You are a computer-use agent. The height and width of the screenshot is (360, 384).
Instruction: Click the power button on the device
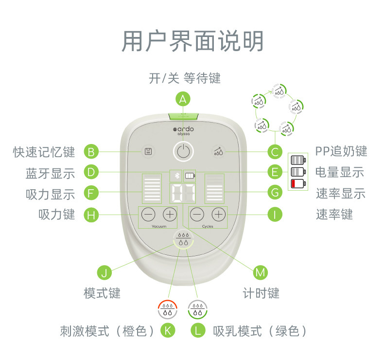click(x=183, y=151)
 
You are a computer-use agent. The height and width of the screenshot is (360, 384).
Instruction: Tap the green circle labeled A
click(x=183, y=99)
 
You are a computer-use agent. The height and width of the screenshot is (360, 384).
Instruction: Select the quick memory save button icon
click(x=148, y=152)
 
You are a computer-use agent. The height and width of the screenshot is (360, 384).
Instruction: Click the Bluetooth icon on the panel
click(x=177, y=176)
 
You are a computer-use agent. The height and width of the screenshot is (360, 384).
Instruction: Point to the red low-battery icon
click(x=298, y=183)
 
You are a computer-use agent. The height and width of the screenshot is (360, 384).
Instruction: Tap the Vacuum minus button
click(x=148, y=215)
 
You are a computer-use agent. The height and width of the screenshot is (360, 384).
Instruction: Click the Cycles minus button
click(x=197, y=215)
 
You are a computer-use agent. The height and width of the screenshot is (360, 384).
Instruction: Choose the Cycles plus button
click(x=218, y=215)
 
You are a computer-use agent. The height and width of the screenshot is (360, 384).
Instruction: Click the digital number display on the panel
click(x=183, y=193)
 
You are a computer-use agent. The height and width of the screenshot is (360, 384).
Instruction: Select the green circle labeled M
click(x=260, y=272)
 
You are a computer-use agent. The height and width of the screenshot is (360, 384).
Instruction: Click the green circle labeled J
click(x=105, y=272)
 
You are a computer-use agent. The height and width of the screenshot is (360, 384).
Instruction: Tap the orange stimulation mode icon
click(x=168, y=309)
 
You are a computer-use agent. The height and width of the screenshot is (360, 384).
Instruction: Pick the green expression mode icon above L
click(x=198, y=309)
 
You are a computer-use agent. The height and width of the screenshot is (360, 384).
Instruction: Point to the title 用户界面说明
click(x=192, y=41)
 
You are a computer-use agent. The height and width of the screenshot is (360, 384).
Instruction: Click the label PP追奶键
click(x=341, y=151)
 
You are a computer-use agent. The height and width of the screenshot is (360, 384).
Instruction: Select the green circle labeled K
click(x=168, y=330)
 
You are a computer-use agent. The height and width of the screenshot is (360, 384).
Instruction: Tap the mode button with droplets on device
click(x=183, y=239)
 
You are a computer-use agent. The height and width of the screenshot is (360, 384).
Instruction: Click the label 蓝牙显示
click(x=50, y=173)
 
